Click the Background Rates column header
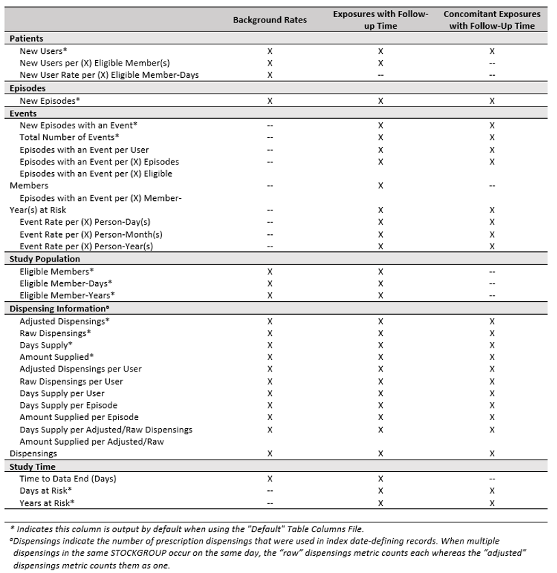tap(270, 20)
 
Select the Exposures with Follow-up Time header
tap(380, 20)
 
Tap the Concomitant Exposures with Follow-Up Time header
tap(491, 20)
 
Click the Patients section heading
tap(26, 40)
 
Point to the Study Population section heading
tap(44, 260)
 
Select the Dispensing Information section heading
tap(57, 309)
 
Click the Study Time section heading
tap(33, 467)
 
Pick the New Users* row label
tap(44, 51)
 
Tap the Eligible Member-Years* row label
tap(67, 295)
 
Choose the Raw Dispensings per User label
tap(72, 381)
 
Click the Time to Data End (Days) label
tap(68, 479)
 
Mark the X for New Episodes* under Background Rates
tap(270, 100)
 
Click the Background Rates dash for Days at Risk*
tap(270, 491)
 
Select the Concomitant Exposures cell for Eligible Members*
tap(491, 271)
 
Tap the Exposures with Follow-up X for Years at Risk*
tap(380, 503)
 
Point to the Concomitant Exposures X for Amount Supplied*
tap(491, 357)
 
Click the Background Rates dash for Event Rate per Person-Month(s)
tap(270, 234)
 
